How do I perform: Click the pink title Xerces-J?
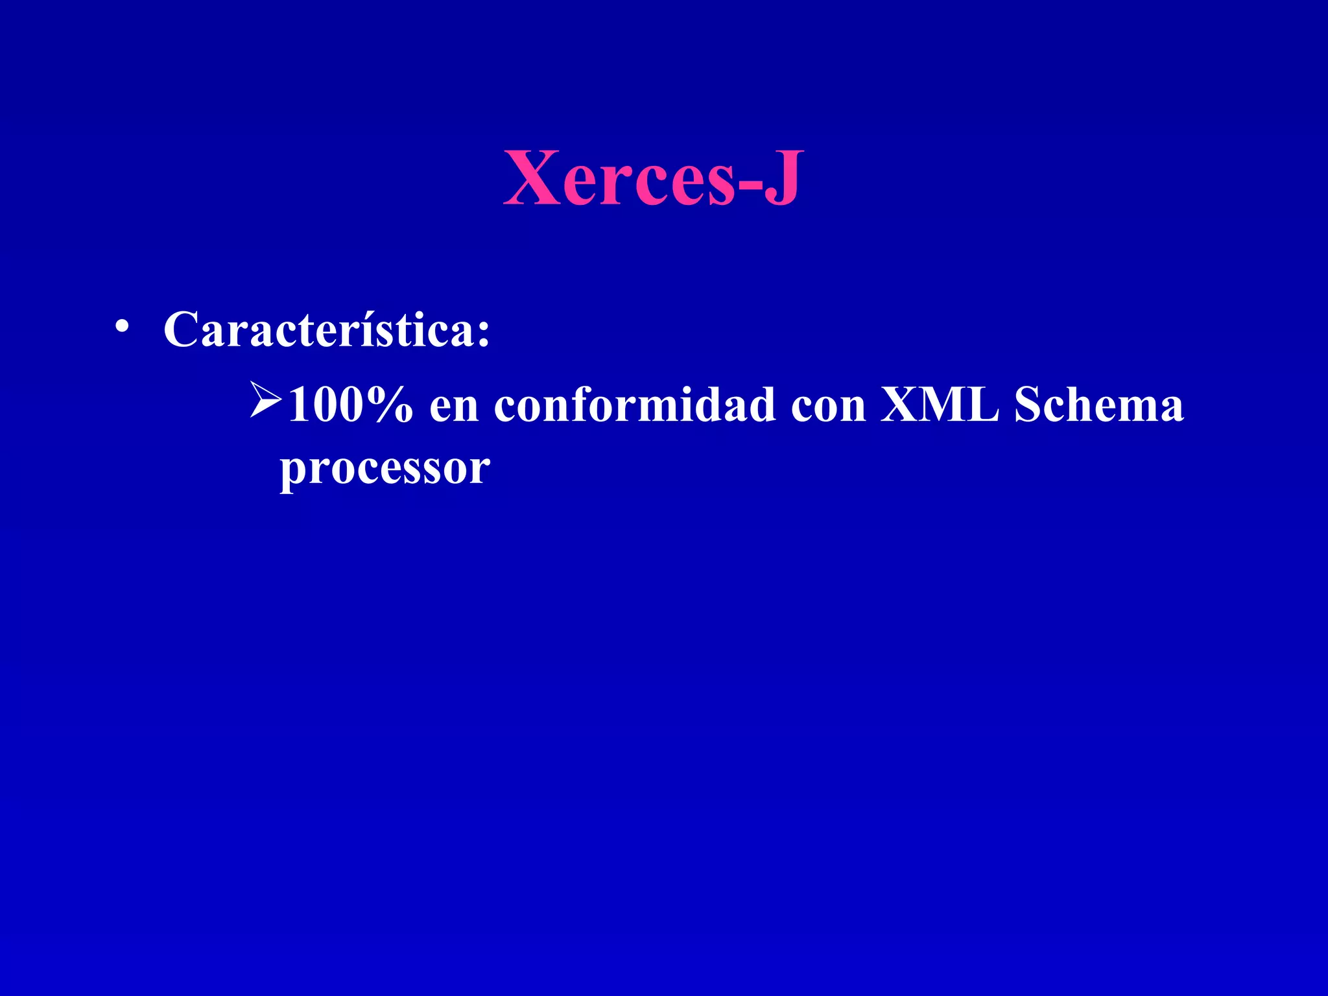click(653, 178)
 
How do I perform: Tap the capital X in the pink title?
click(532, 178)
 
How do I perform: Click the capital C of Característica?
click(181, 329)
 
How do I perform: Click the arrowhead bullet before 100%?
click(265, 400)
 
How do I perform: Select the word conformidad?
click(634, 405)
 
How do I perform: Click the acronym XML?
click(939, 405)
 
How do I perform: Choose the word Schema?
click(1099, 405)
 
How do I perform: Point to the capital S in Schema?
click(1029, 405)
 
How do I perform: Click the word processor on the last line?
click(385, 468)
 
